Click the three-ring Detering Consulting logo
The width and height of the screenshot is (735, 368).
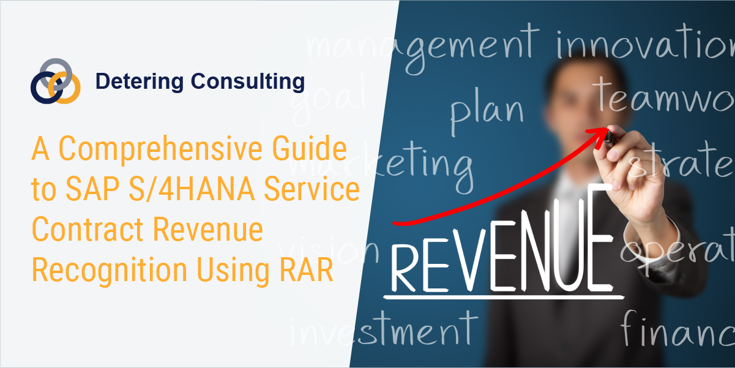tap(55, 81)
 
